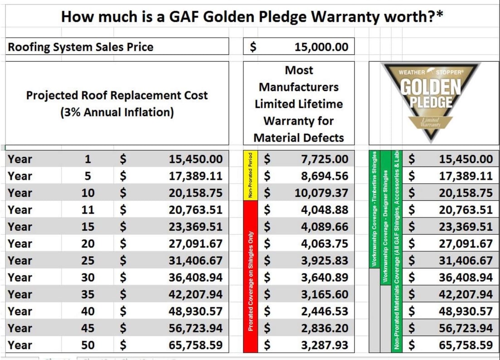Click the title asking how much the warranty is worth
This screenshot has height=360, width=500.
[x=252, y=17]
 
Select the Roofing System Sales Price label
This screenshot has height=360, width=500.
[x=81, y=47]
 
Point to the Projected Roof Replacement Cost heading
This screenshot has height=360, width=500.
[x=117, y=104]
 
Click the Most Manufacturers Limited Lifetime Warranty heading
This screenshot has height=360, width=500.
[x=299, y=104]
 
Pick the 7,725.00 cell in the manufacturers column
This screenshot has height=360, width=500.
[x=325, y=159]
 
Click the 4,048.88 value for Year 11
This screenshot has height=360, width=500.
[x=325, y=210]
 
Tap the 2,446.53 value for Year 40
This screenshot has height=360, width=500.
[x=325, y=311]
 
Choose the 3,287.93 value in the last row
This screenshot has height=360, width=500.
[x=325, y=345]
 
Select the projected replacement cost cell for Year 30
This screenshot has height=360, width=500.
[x=195, y=277]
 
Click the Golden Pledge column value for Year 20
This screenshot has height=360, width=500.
[x=466, y=244]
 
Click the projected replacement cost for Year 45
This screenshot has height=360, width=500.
[x=195, y=328]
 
